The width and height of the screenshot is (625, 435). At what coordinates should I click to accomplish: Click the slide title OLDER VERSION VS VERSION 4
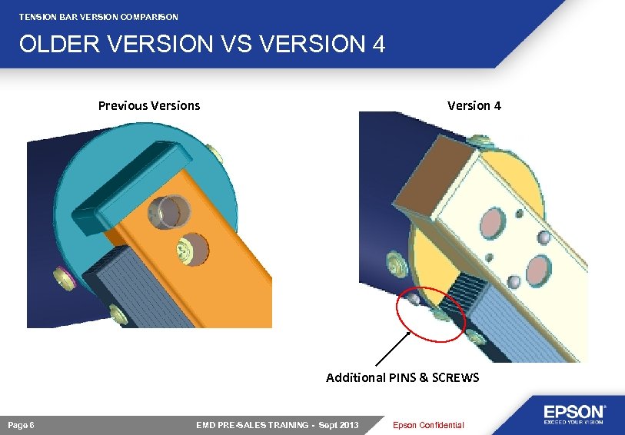(x=201, y=45)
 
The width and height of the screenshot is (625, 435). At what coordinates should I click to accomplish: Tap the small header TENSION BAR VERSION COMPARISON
(x=98, y=16)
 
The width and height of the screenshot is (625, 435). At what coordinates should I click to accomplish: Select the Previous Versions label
(x=148, y=105)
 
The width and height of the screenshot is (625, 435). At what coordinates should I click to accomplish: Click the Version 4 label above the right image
(x=474, y=105)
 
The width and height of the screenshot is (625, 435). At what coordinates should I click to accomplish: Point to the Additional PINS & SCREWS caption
(x=402, y=377)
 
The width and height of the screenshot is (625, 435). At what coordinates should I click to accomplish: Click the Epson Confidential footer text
(x=428, y=426)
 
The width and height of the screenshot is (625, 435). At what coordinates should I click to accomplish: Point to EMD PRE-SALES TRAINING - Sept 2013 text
(x=278, y=426)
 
